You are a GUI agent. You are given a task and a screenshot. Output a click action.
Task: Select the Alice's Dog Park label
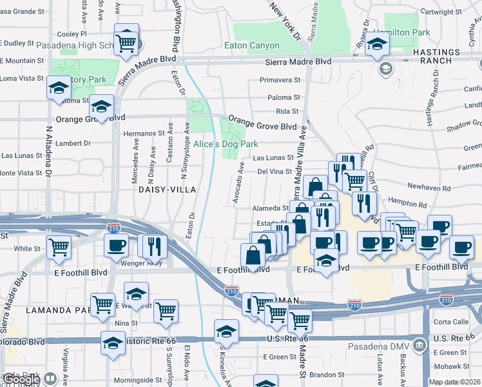226,144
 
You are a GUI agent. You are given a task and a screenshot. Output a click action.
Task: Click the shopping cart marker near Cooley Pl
126,42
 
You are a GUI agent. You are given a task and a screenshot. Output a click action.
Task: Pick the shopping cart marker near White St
59,246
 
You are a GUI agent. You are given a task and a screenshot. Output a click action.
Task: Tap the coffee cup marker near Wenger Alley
117,245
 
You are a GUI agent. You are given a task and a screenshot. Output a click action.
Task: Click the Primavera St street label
280,81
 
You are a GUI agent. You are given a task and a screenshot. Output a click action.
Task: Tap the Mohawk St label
450,364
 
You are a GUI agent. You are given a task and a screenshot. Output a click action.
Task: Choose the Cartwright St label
441,11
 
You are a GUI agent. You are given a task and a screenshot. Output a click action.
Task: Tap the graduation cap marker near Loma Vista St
59,87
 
